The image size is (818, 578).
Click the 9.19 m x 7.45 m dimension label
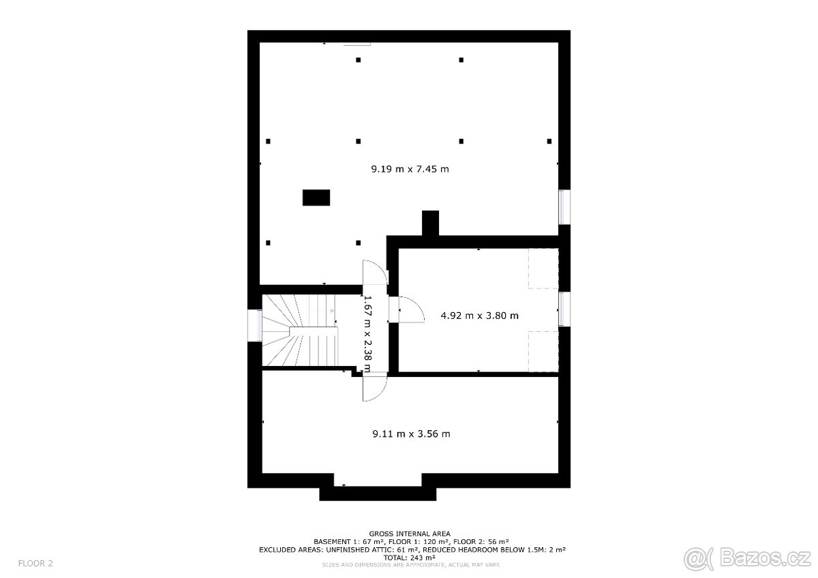click(410, 169)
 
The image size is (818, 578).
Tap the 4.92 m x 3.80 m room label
click(479, 316)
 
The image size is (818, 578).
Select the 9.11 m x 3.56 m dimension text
click(411, 433)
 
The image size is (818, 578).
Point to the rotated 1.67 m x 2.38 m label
click(367, 334)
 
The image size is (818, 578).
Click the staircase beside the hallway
click(300, 330)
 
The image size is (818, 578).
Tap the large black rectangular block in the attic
click(316, 198)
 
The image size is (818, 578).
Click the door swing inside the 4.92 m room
click(411, 309)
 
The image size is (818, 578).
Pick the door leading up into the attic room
click(375, 273)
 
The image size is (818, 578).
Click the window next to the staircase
click(255, 325)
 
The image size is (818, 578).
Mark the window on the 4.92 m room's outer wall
click(564, 309)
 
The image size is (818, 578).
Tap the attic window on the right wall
click(564, 207)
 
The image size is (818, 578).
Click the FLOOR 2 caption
click(35, 564)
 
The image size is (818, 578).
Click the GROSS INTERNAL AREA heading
click(410, 534)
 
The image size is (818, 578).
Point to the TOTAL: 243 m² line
click(409, 558)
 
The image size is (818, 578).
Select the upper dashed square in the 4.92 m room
click(543, 269)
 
